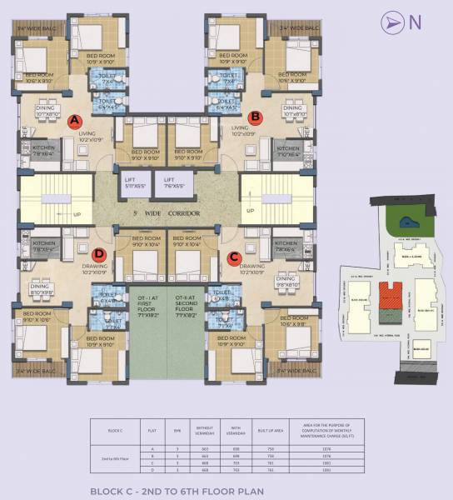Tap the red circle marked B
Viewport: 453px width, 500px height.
coord(256,117)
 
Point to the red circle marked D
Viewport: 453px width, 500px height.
coord(100,254)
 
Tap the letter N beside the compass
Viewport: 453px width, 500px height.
coord(414,23)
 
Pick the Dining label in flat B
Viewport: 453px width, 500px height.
coord(292,110)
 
